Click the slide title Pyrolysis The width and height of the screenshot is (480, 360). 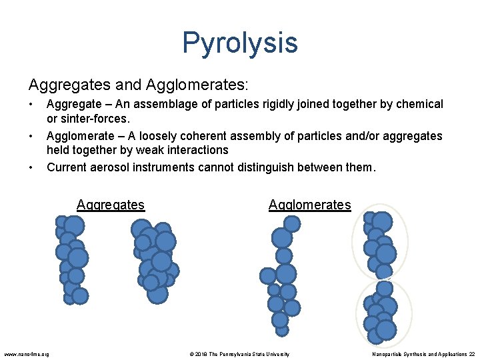click(x=239, y=43)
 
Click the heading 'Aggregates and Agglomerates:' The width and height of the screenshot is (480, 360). click(x=138, y=85)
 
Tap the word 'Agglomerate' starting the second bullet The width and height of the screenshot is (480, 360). click(x=79, y=136)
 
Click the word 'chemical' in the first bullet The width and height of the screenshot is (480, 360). click(x=418, y=104)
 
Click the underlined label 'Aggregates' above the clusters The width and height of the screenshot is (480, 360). click(x=111, y=205)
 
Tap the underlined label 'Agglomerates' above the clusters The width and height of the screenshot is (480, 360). click(x=309, y=205)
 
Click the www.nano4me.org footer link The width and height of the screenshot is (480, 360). click(x=26, y=354)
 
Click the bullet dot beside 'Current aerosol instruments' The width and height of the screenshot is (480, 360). click(x=31, y=167)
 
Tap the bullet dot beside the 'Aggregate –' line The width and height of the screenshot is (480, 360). click(x=31, y=104)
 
